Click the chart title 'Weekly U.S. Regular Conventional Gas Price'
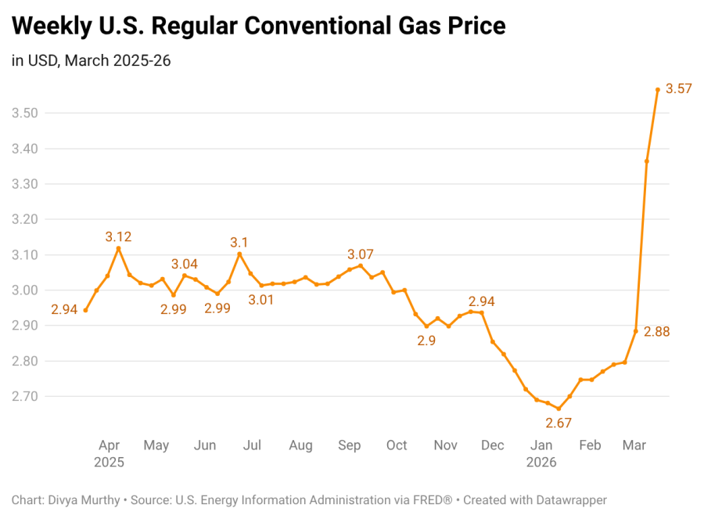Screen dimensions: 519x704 click(258, 26)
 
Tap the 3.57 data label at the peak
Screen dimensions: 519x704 click(678, 88)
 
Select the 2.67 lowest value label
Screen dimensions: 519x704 click(559, 423)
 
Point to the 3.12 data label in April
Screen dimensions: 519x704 click(118, 236)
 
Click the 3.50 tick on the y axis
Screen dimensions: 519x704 click(24, 114)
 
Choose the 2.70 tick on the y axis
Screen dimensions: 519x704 click(24, 397)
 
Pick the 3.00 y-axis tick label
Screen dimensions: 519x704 click(24, 290)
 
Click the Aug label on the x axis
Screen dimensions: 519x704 click(300, 445)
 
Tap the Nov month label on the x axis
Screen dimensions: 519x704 click(445, 445)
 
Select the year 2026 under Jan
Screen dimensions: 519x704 click(541, 463)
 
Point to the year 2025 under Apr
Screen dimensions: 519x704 click(109, 463)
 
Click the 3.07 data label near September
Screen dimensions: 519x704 click(361, 254)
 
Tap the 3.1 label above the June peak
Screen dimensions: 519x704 click(239, 243)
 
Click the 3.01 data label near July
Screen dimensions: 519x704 click(261, 300)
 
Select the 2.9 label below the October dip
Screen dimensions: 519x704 click(426, 341)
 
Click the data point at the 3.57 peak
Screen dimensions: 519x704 click(658, 90)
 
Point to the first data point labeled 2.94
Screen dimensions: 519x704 click(85, 310)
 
